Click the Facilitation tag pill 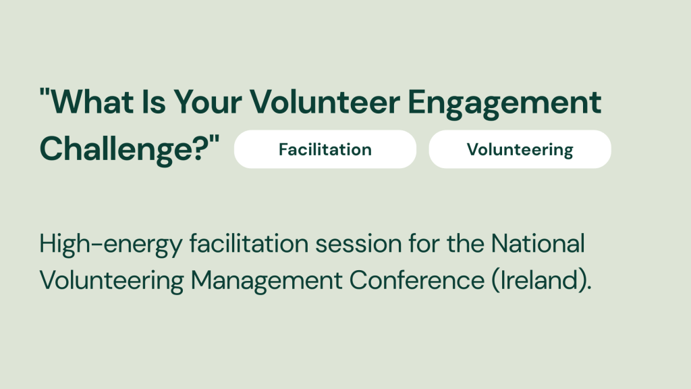pyautogui.click(x=325, y=149)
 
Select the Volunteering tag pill pyautogui.click(x=520, y=149)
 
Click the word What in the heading pyautogui.click(x=92, y=102)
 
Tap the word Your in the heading pyautogui.click(x=208, y=102)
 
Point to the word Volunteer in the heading pyautogui.click(x=325, y=102)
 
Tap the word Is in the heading pyautogui.click(x=154, y=102)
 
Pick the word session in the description pyautogui.click(x=358, y=243)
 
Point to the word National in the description pyautogui.click(x=538, y=243)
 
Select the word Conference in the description pyautogui.click(x=417, y=280)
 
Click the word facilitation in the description pyautogui.click(x=249, y=243)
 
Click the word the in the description pyautogui.click(x=466, y=243)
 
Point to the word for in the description pyautogui.click(x=424, y=243)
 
